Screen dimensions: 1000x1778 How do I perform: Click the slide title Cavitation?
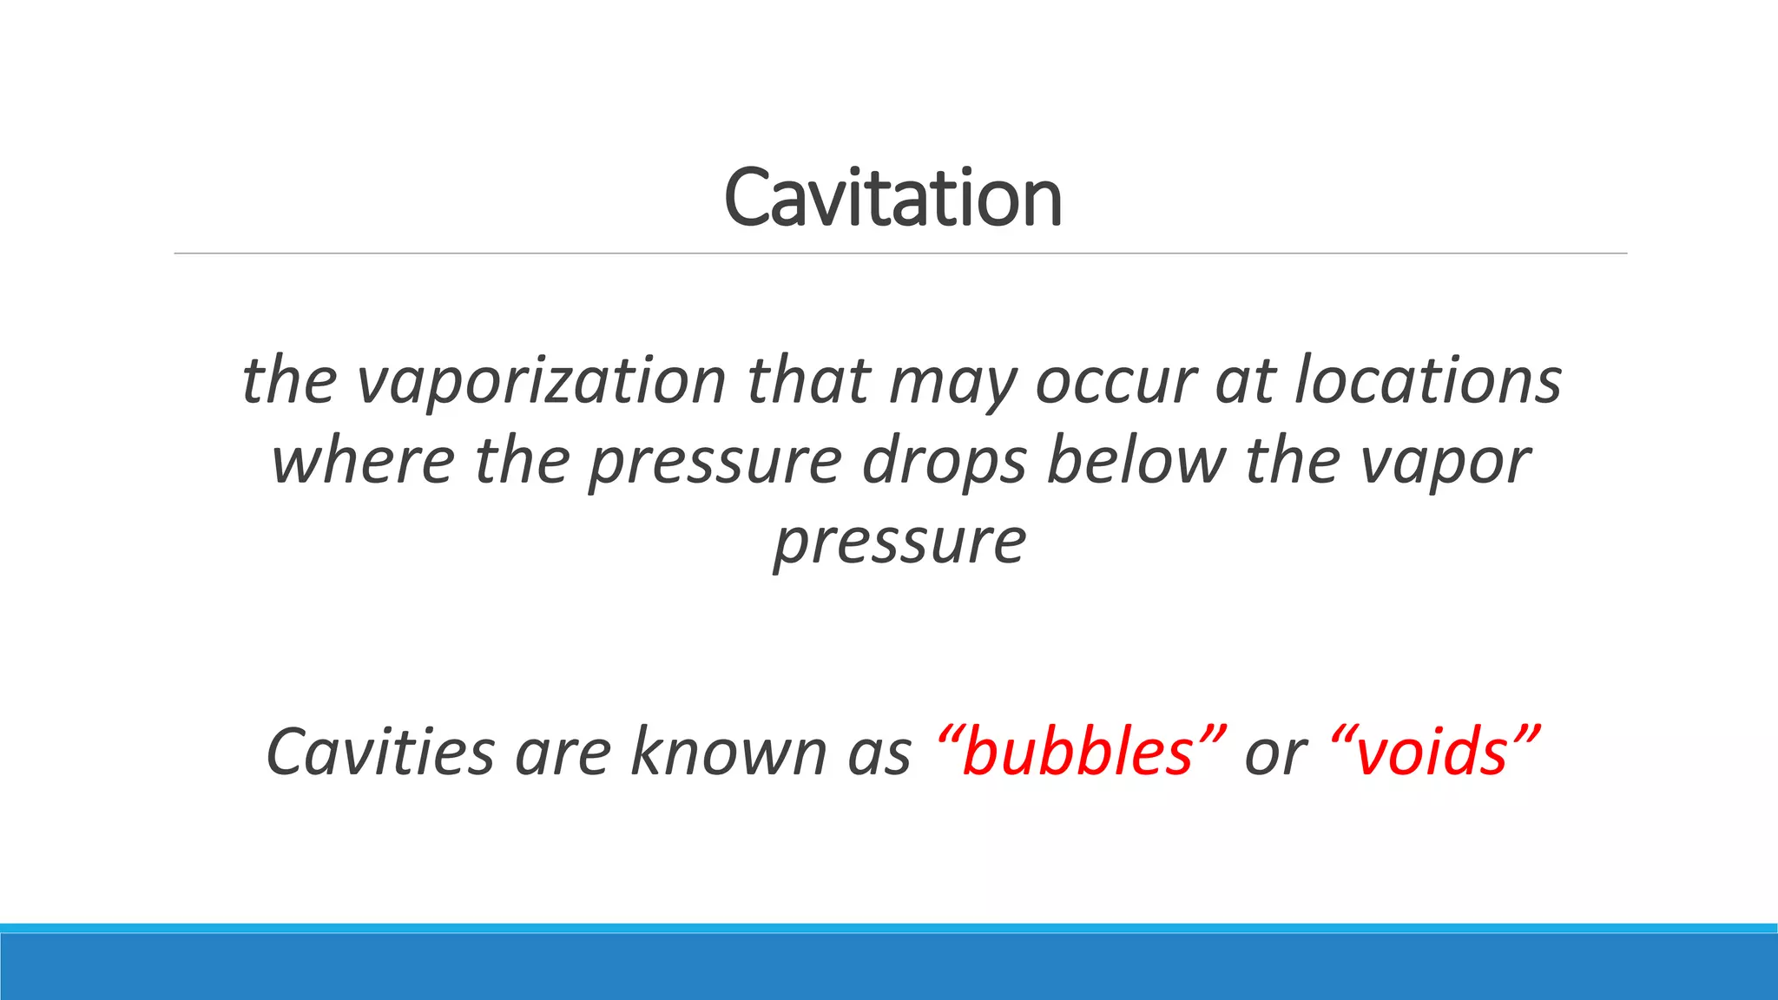[892, 198]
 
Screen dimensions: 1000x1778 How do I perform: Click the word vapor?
[1445, 462]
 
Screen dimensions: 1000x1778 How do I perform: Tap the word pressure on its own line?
[900, 542]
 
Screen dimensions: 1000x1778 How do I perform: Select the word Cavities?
[380, 751]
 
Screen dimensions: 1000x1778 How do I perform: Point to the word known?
[728, 751]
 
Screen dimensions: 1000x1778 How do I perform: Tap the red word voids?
[1433, 751]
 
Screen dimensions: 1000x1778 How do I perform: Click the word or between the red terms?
[1275, 753]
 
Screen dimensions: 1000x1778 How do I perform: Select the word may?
[952, 382]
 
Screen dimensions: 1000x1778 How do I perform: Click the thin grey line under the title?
[900, 253]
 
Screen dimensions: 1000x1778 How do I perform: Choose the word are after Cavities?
[563, 753]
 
